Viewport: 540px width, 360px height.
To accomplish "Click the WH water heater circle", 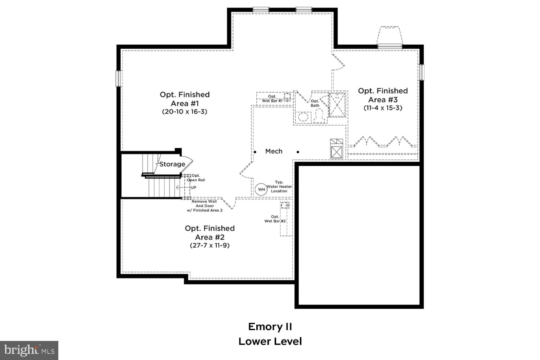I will point(261,189).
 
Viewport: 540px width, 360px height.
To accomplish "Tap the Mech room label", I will point(274,151).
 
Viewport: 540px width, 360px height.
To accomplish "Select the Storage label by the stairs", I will point(172,164).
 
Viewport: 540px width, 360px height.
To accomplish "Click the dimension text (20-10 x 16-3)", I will point(185,112).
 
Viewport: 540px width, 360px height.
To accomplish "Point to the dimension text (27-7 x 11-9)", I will point(210,246).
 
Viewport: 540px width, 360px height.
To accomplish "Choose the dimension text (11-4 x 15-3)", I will point(383,108).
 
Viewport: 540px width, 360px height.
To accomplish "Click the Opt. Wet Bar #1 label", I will point(272,99).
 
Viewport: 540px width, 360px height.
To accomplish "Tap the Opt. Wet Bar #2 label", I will point(275,219).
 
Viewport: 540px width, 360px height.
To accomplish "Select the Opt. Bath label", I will point(315,103).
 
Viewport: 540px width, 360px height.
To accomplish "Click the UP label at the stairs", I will point(193,188).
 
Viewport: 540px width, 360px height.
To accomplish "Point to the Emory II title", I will point(270,327).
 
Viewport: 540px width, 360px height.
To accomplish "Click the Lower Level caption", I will point(270,341).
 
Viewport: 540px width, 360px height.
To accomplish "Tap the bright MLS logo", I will point(29,350).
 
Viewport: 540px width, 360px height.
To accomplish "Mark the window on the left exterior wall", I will point(118,78).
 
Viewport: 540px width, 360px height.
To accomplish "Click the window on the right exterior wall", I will point(422,72).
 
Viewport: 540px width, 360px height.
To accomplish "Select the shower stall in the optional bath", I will point(338,105).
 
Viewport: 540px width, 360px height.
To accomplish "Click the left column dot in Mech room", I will point(255,152).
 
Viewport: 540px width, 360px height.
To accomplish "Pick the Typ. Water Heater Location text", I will point(279,186).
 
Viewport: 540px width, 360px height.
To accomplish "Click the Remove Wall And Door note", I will point(204,206).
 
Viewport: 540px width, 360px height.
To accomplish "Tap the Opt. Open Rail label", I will point(196,178).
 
